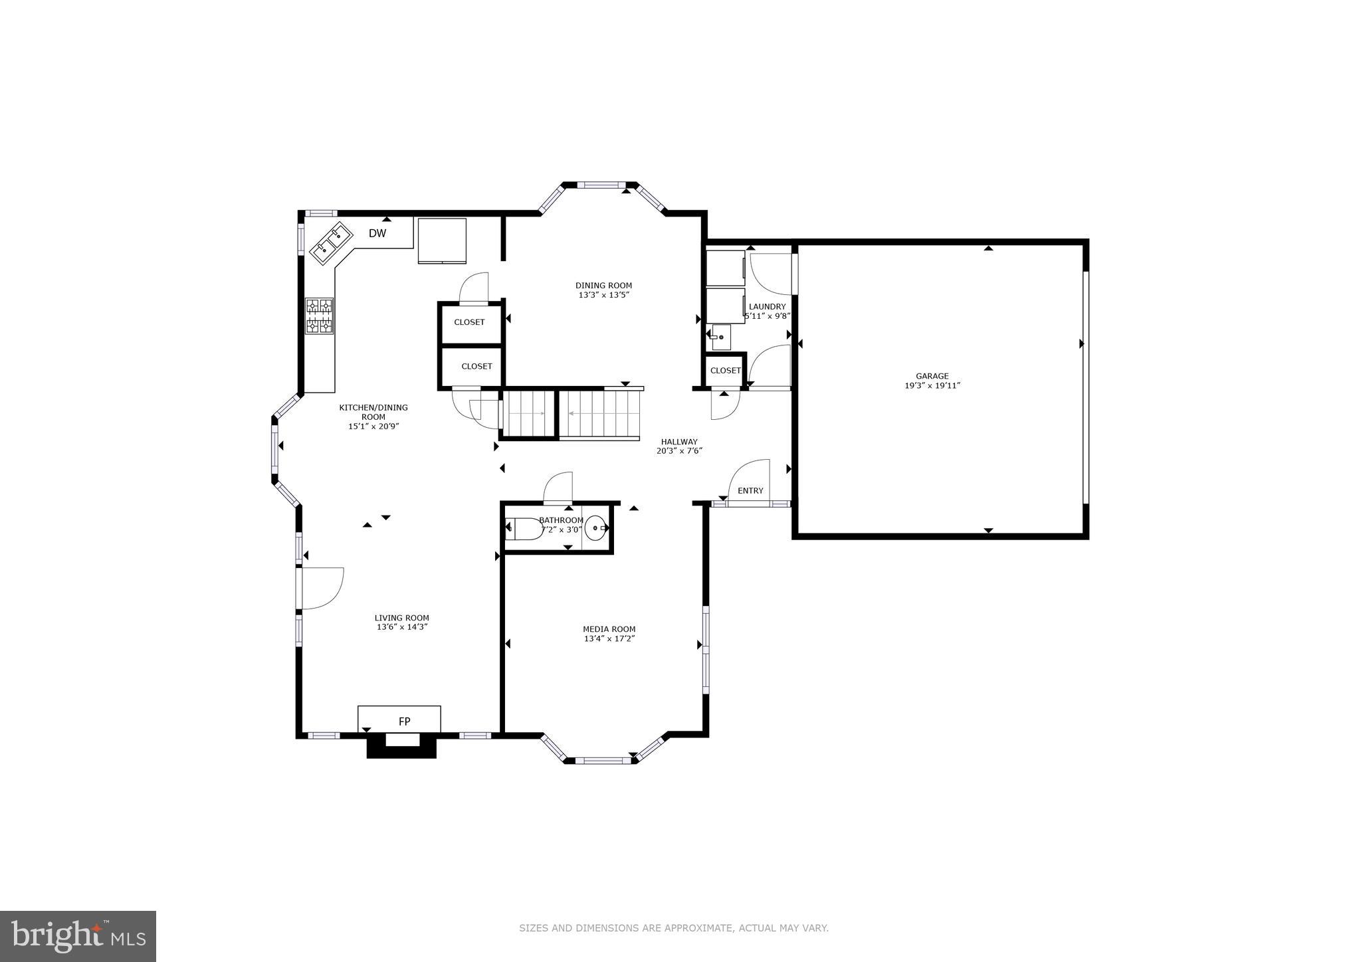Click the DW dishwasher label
pyautogui.click(x=377, y=233)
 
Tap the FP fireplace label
pyautogui.click(x=404, y=721)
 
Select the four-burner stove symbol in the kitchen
pyautogui.click(x=319, y=316)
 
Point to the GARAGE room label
pyautogui.click(x=932, y=376)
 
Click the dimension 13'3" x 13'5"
pyautogui.click(x=603, y=295)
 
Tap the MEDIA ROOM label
pyautogui.click(x=609, y=629)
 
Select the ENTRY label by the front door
pyautogui.click(x=750, y=491)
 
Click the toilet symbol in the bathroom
pyautogui.click(x=525, y=529)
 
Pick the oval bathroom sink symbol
pyautogui.click(x=596, y=529)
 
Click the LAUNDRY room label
pyautogui.click(x=767, y=307)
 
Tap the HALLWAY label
pyautogui.click(x=679, y=442)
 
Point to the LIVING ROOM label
pyautogui.click(x=401, y=618)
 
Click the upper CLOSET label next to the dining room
pyautogui.click(x=469, y=322)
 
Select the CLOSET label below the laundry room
pyautogui.click(x=725, y=371)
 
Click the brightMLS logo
pyautogui.click(x=78, y=936)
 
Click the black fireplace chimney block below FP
pyautogui.click(x=401, y=749)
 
